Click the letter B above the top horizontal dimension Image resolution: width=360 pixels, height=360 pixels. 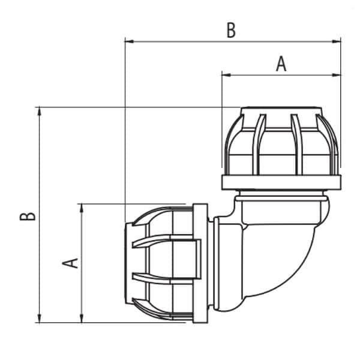coord(231,30)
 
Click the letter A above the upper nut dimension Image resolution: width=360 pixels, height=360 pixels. coord(281,64)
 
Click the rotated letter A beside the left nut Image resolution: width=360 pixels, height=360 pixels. coord(70,263)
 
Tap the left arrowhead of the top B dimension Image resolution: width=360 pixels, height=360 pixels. coord(129,41)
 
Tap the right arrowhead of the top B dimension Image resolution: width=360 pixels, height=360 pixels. coord(337,41)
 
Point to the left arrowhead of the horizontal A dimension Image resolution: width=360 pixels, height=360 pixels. coord(226,75)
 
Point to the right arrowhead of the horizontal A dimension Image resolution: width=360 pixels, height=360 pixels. coord(337,75)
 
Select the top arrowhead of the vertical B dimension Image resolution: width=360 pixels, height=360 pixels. coord(39,112)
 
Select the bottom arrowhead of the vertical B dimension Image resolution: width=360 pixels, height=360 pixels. coord(39,319)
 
